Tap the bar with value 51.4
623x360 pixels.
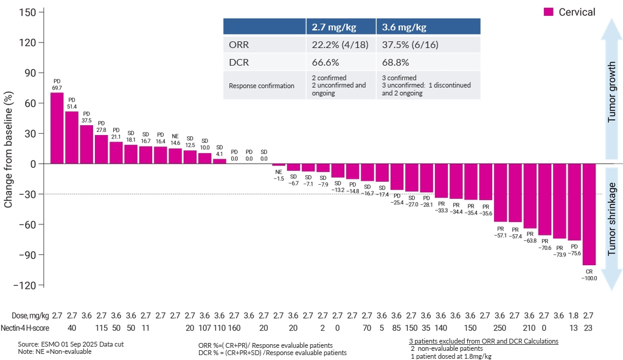pyautogui.click(x=71, y=137)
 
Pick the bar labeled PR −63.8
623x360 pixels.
pyautogui.click(x=530, y=196)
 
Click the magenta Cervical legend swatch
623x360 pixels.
pyautogui.click(x=548, y=12)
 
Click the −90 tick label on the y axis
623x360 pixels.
pyautogui.click(x=28, y=255)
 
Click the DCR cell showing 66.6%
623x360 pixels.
pyautogui.click(x=325, y=63)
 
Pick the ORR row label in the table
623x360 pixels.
pyautogui.click(x=239, y=45)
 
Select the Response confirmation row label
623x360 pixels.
pyautogui.click(x=262, y=86)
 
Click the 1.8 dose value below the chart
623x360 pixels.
pyautogui.click(x=574, y=315)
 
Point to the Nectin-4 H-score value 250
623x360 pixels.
pyautogui.click(x=500, y=328)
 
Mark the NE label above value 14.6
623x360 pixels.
pyautogui.click(x=175, y=136)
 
